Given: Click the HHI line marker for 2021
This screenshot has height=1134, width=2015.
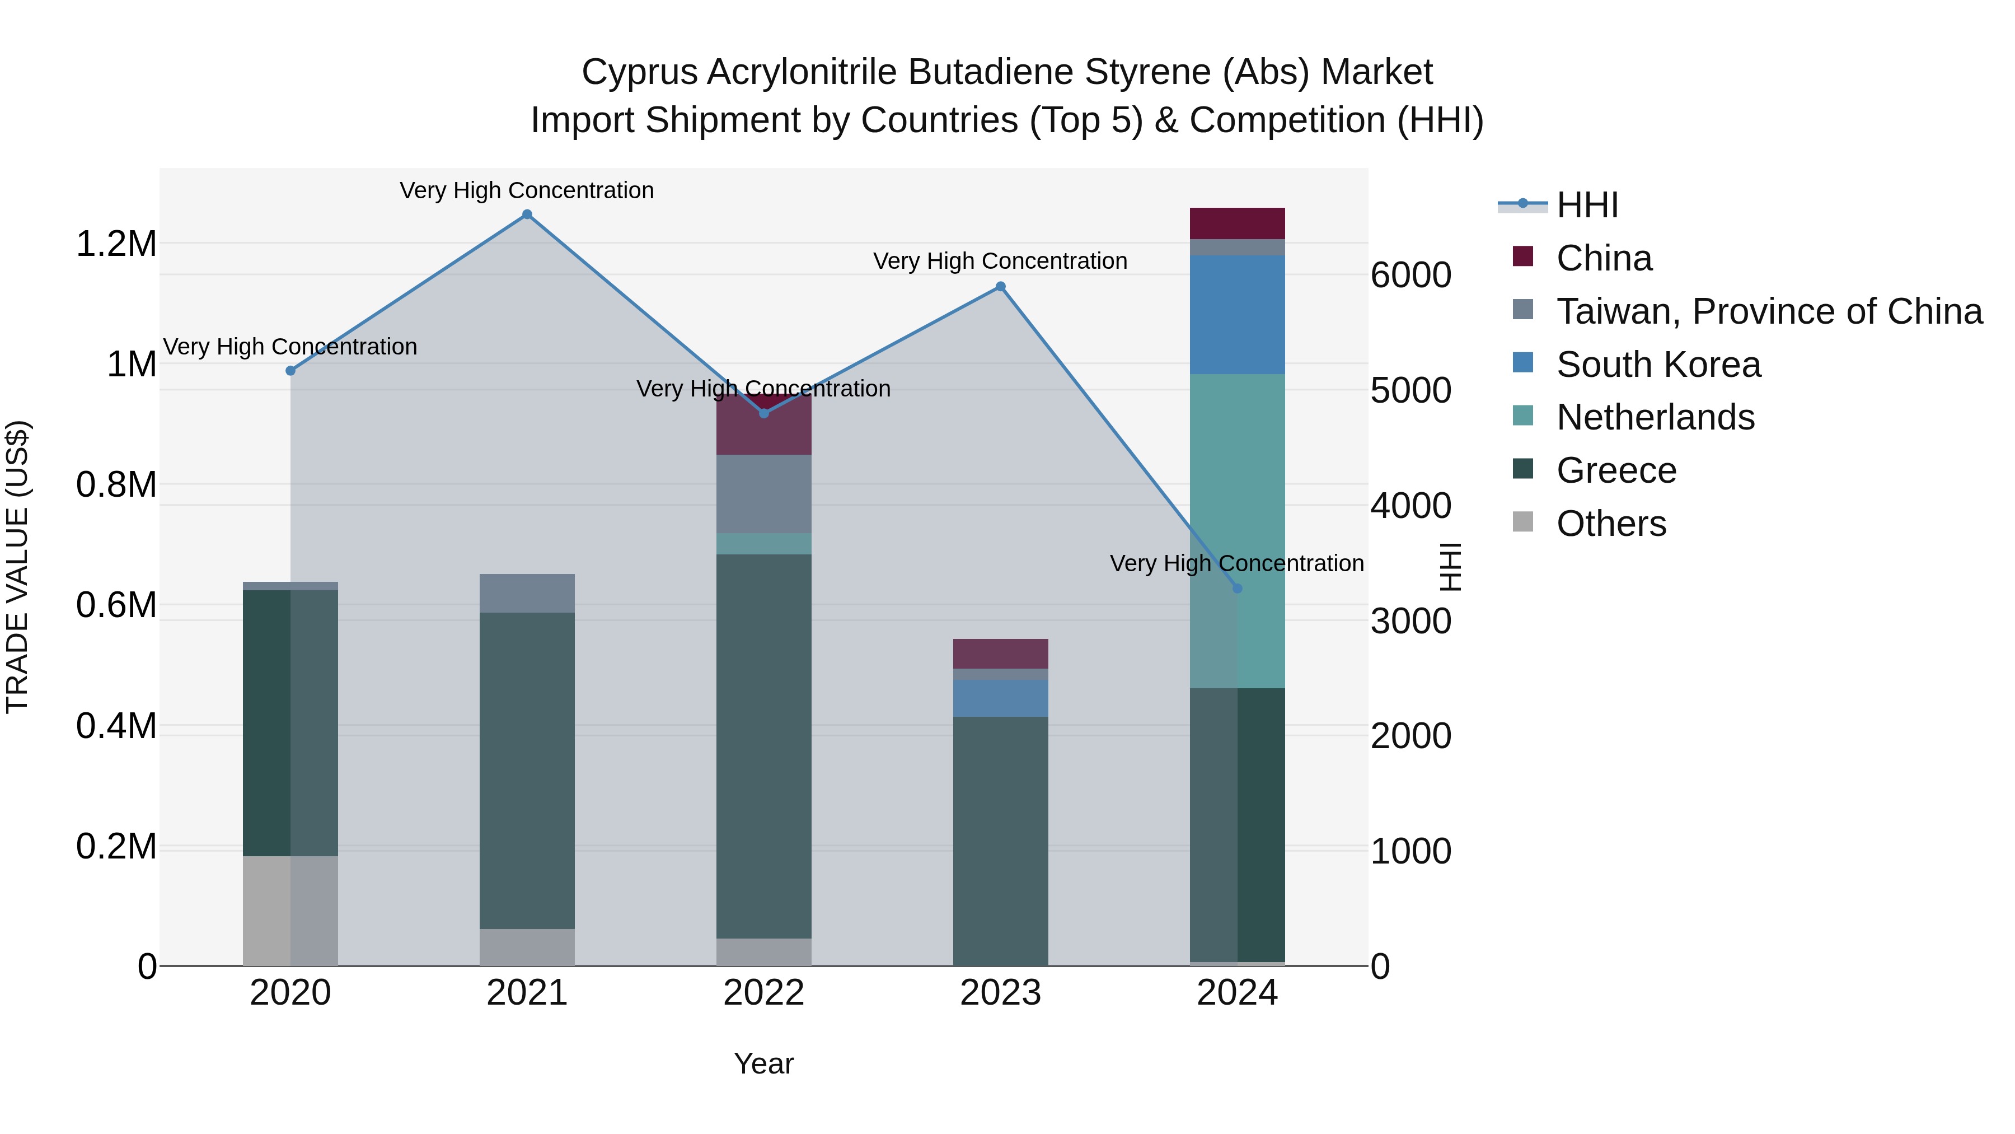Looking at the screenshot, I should click(527, 214).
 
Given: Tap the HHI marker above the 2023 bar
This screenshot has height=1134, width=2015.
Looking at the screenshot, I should click(1000, 286).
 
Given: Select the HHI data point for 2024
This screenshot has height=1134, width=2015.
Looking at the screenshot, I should click(1236, 589).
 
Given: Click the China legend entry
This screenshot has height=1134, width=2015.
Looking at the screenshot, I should click(1604, 258).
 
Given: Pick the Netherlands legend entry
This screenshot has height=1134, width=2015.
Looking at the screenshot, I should click(1655, 417).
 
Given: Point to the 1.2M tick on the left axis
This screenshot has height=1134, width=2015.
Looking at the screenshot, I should click(116, 244).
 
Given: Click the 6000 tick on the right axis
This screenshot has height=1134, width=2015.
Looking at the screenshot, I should click(1411, 275).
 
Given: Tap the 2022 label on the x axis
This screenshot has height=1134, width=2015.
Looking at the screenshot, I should click(763, 993).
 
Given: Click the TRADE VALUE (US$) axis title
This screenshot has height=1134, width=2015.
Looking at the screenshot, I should click(17, 567).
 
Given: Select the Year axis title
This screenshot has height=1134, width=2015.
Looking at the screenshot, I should click(763, 1063).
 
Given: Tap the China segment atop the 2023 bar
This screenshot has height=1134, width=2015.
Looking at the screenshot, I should click(1000, 654).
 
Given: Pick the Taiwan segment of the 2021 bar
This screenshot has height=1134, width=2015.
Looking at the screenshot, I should click(527, 593).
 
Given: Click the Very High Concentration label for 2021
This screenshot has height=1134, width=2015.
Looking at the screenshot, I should click(527, 190).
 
